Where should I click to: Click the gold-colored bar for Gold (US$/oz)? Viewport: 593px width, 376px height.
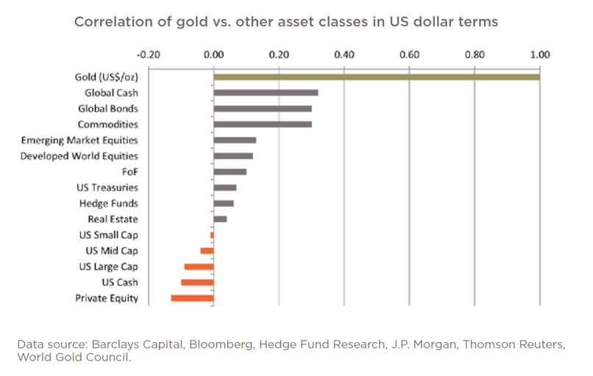tap(377, 77)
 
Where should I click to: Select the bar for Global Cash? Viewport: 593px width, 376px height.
tap(266, 93)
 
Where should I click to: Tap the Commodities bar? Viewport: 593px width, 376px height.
tap(263, 124)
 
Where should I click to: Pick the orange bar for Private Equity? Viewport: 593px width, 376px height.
tap(192, 298)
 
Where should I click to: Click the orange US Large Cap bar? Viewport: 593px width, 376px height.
tap(199, 266)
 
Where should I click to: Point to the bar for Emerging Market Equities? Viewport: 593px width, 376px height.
tap(235, 140)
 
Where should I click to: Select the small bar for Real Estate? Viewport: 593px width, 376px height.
tap(220, 219)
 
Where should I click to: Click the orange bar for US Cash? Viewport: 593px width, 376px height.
tap(197, 283)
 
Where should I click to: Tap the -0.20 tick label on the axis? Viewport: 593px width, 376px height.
tap(149, 54)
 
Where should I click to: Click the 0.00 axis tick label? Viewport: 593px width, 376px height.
tap(213, 54)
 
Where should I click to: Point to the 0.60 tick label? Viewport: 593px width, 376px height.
tap(409, 54)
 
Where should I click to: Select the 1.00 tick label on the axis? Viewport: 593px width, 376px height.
tap(540, 54)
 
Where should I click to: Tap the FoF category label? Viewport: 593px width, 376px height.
tap(129, 172)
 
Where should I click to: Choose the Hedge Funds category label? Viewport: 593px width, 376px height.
tap(109, 203)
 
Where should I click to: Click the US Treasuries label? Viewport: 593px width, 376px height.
tap(107, 188)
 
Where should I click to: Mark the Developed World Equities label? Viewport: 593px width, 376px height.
tap(79, 156)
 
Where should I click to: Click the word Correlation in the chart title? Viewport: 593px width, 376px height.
tap(112, 22)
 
